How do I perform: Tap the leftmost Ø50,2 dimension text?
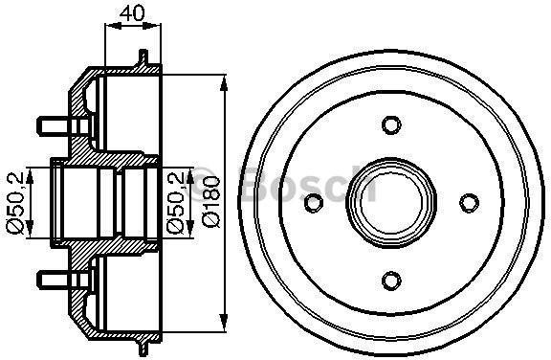pos(14,202)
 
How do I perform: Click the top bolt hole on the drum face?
pos(390,124)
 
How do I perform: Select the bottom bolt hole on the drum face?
pos(390,280)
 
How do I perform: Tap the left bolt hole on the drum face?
pos(313,202)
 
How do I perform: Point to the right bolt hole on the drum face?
pos(468,202)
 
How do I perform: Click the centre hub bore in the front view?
pos(390,202)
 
